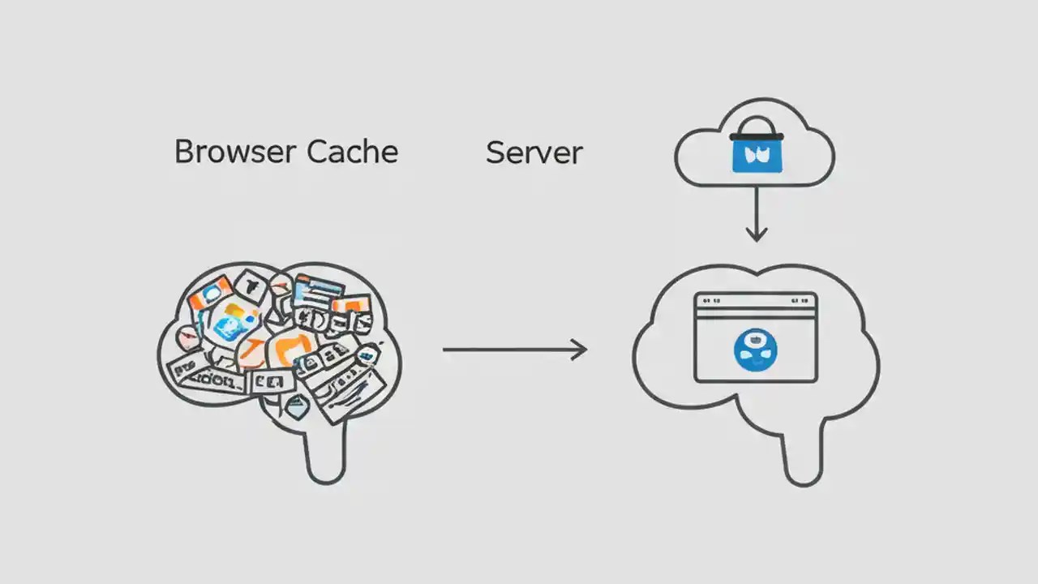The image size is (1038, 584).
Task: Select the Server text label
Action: click(534, 152)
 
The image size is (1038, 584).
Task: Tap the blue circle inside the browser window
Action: click(755, 350)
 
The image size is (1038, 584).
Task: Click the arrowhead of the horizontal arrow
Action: click(578, 350)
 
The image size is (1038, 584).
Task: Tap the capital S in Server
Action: click(495, 152)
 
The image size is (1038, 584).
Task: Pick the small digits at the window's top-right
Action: click(800, 300)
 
